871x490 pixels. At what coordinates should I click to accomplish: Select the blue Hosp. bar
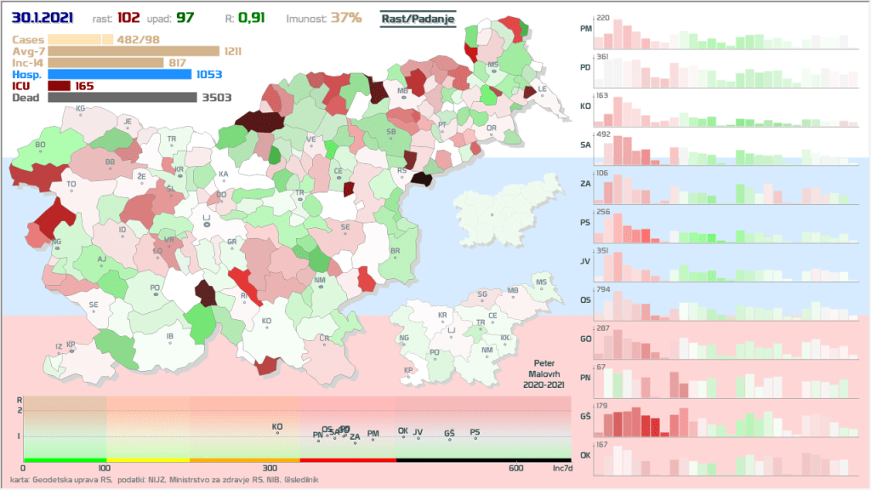120,74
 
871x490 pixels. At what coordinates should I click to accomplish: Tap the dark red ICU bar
60,86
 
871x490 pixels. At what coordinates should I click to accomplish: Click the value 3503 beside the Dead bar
216,98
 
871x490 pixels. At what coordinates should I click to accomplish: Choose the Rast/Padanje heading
418,18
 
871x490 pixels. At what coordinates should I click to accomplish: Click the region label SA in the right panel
585,145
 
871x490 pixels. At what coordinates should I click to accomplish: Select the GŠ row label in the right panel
585,417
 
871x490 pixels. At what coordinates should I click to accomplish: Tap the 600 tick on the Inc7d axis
516,469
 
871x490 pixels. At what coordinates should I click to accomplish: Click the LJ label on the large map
206,219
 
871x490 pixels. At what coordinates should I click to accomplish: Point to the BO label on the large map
40,145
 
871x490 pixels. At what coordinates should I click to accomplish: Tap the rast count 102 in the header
153,17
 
